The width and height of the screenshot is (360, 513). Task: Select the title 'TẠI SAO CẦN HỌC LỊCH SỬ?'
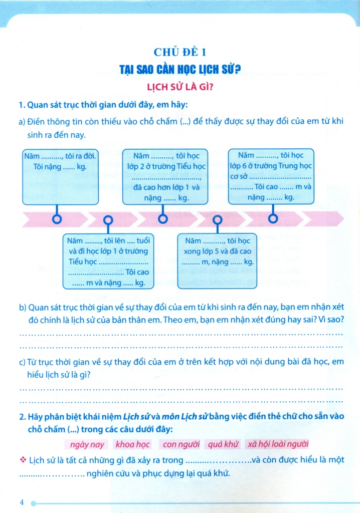pyautogui.click(x=180, y=68)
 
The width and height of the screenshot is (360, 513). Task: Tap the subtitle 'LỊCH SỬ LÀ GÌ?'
pyautogui.click(x=180, y=86)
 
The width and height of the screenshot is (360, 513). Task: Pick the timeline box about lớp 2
pyautogui.click(x=163, y=177)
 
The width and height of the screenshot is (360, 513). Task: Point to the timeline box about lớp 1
pyautogui.click(x=109, y=261)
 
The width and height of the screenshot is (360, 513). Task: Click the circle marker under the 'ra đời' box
pyautogui.click(x=58, y=219)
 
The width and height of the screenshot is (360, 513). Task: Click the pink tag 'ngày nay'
pyautogui.click(x=87, y=444)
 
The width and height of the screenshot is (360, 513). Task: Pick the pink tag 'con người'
pyautogui.click(x=181, y=444)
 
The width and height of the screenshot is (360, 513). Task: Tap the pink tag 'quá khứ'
pyautogui.click(x=223, y=444)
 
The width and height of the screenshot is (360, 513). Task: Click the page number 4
pyautogui.click(x=22, y=502)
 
